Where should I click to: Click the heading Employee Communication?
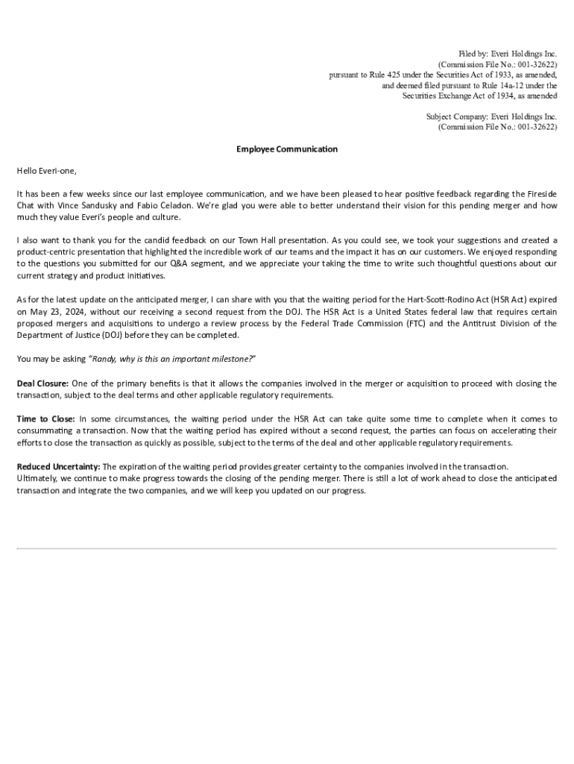point(287,149)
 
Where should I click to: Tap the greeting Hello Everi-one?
point(46,171)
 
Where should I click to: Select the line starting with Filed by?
point(508,54)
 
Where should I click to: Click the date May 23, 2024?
point(56,311)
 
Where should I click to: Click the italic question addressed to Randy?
point(172,359)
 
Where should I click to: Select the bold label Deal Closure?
point(42,383)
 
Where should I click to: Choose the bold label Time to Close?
point(45,419)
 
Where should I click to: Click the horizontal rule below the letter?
point(287,549)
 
